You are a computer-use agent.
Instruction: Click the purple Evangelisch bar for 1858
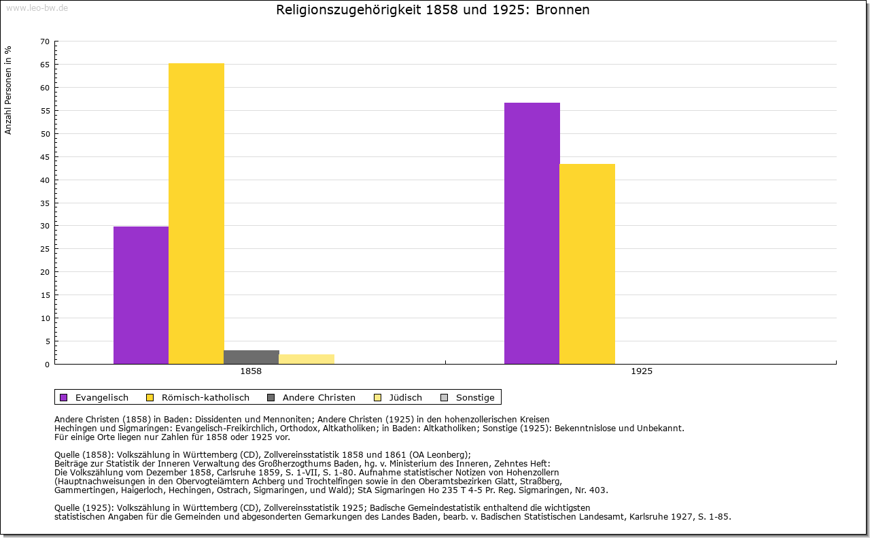(141, 295)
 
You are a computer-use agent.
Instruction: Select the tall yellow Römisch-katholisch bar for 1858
(196, 214)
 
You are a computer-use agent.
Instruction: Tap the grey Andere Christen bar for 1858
(251, 357)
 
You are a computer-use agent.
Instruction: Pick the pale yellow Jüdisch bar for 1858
(307, 359)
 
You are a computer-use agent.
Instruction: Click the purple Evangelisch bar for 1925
(532, 233)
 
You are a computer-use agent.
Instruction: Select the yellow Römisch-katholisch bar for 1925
(587, 264)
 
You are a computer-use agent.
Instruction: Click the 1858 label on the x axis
(251, 372)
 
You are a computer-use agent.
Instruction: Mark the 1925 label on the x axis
(642, 372)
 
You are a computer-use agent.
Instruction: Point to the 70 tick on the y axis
(45, 41)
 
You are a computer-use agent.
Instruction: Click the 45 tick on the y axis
(45, 157)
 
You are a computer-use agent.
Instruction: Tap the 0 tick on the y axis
(47, 365)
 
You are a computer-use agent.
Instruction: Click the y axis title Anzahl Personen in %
(8, 90)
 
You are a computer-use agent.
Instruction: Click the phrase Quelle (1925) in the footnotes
(84, 507)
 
